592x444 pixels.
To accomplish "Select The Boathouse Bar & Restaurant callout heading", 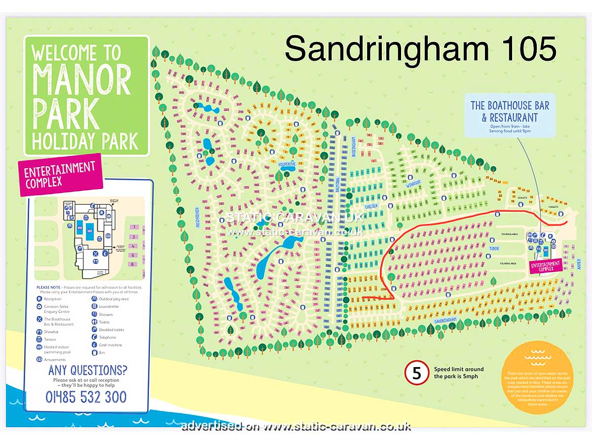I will [x=510, y=111].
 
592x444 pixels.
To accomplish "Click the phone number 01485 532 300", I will [x=86, y=397].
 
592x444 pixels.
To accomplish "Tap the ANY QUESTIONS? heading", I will [x=86, y=370].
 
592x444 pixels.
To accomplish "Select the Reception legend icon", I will [x=39, y=299].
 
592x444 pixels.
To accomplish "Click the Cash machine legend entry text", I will [x=111, y=345].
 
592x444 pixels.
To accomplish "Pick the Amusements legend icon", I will [x=39, y=360].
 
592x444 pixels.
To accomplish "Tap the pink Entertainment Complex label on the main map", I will [x=546, y=266].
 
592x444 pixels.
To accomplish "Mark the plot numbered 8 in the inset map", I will [x=133, y=264].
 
